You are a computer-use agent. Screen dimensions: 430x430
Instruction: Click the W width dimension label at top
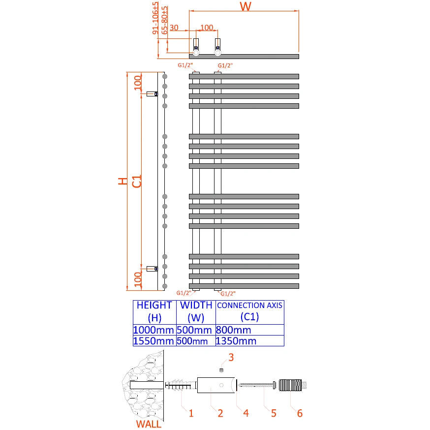(x=246, y=7)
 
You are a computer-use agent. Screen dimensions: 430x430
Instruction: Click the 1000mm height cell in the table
(x=154, y=330)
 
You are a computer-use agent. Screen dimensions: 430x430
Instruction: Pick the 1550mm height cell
(x=154, y=341)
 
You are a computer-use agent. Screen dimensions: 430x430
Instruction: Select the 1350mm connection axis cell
(x=237, y=341)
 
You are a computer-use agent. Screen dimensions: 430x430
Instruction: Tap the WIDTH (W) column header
(x=196, y=311)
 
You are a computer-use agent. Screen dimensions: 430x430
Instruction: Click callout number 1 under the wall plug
(x=191, y=413)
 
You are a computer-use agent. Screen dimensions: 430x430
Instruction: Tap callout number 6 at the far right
(x=299, y=413)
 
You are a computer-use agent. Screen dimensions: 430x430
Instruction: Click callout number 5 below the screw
(x=274, y=413)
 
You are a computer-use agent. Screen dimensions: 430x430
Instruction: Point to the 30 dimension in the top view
(x=174, y=28)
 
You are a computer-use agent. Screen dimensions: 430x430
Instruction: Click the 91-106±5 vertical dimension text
(x=157, y=18)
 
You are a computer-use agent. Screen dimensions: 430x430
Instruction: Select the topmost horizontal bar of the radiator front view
(x=244, y=76)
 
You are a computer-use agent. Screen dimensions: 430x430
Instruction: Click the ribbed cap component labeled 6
(x=291, y=385)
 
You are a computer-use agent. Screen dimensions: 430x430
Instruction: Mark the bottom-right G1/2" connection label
(x=227, y=294)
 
